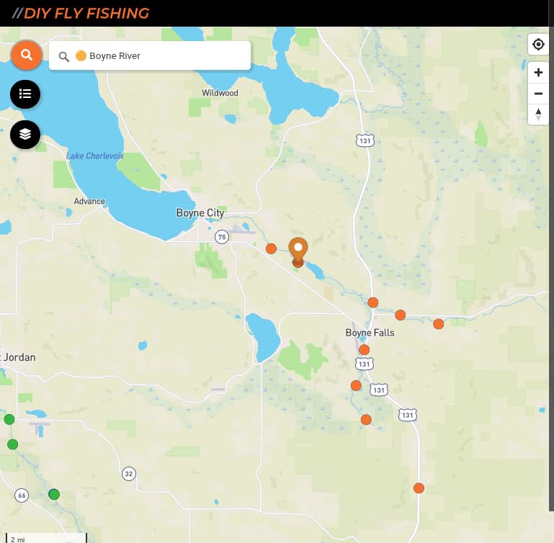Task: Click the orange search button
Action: [27, 55]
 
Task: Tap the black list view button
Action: [25, 94]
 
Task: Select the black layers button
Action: [25, 134]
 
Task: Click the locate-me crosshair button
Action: [538, 45]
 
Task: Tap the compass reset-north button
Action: [538, 114]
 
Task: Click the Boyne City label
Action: [200, 213]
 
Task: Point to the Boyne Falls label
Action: [370, 333]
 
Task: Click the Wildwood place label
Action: [220, 93]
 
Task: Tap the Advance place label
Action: [89, 202]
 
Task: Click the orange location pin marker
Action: [298, 250]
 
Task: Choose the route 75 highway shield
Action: [221, 236]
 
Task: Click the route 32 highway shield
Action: [128, 473]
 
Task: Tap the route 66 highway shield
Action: [22, 495]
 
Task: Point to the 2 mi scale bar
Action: [44, 537]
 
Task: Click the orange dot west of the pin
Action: [271, 248]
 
